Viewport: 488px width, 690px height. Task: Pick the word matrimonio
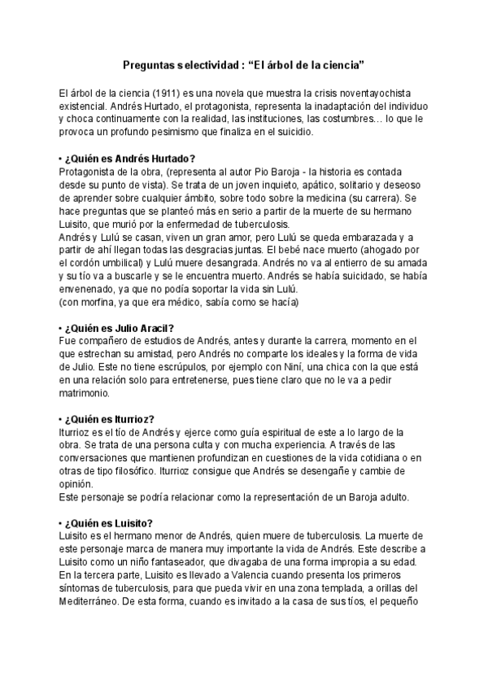click(88, 394)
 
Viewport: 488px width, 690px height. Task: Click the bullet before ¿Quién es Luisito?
click(62, 522)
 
